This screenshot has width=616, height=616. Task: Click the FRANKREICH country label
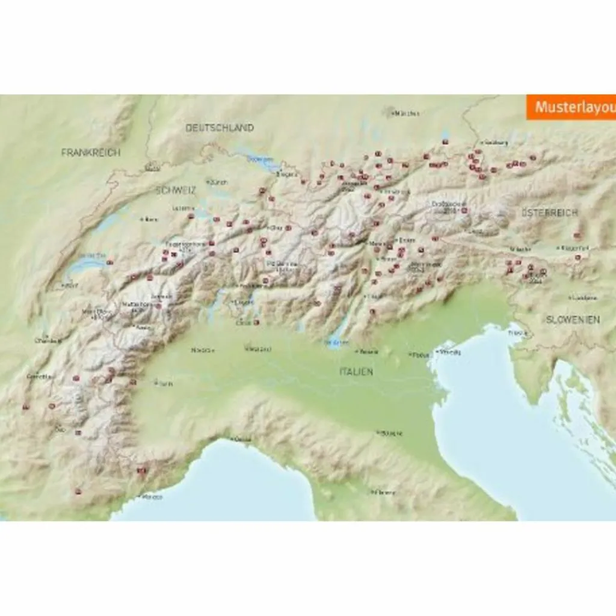coord(90,152)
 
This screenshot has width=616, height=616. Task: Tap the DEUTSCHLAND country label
coord(219,128)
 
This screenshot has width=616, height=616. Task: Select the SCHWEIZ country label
coord(176,190)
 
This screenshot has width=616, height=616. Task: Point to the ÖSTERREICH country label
coord(549,212)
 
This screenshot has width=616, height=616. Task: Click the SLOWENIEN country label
coord(573,319)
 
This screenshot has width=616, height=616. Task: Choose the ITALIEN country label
coord(356,372)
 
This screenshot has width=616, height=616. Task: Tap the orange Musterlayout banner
coord(571,107)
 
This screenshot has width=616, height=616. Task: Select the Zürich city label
coord(218,181)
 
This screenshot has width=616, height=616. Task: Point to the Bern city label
coord(150,220)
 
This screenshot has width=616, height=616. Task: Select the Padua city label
coord(420,355)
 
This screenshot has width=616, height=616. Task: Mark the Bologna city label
coord(390,433)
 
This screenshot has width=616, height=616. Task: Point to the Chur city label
coord(277,228)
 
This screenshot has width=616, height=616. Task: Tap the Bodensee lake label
coord(260,159)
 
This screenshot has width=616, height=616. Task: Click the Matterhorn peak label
coord(137,304)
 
